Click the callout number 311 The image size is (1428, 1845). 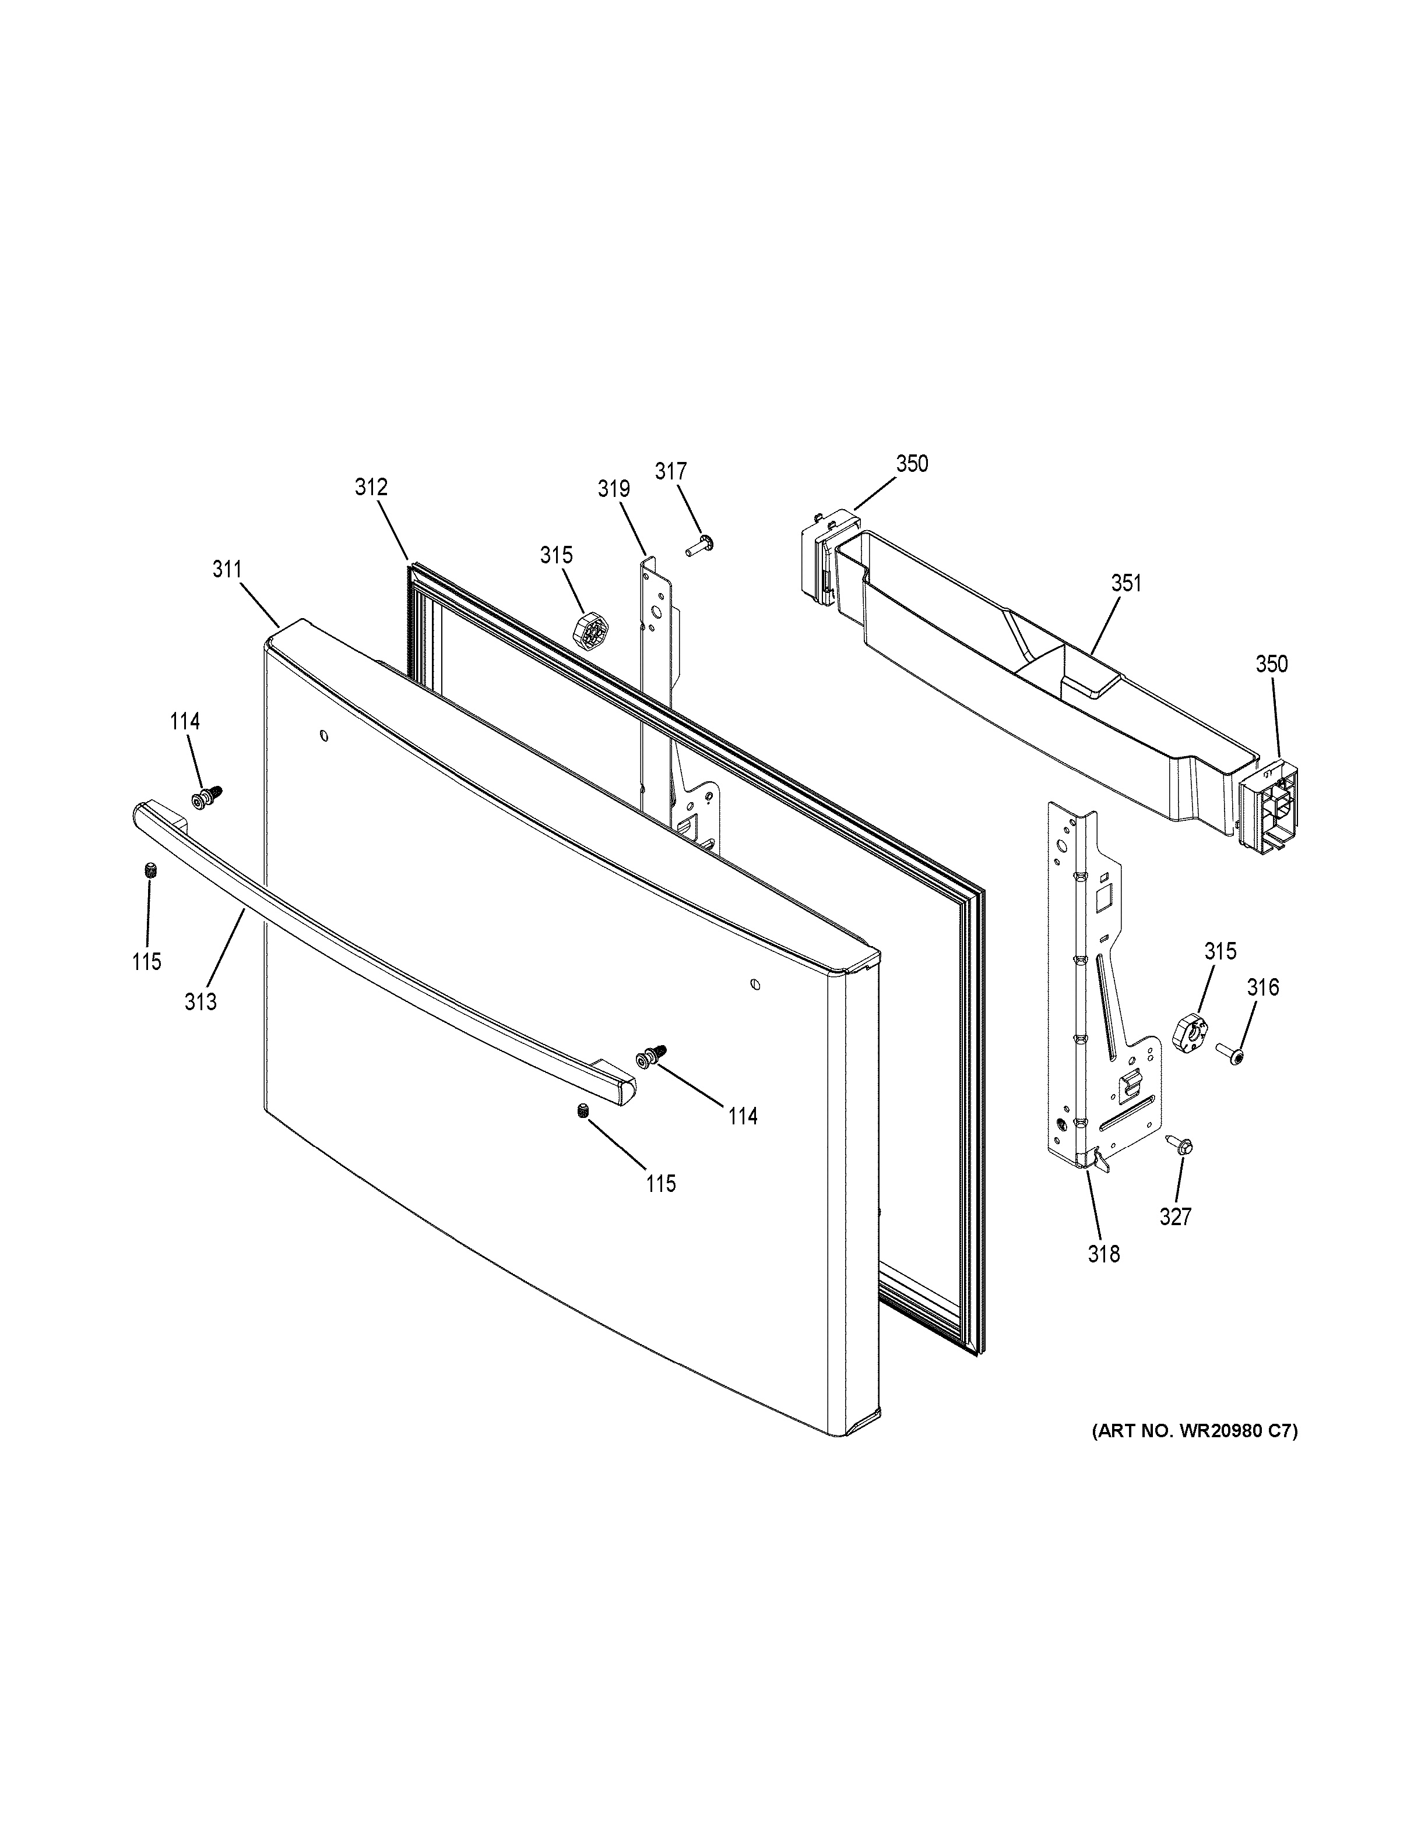[x=227, y=569]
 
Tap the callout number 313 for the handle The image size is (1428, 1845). [x=201, y=1002]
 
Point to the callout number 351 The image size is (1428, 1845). [x=1125, y=583]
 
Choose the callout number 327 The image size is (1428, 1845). [x=1176, y=1216]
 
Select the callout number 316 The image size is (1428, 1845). [x=1263, y=987]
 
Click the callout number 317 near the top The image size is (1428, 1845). [x=671, y=471]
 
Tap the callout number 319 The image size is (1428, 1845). [x=614, y=488]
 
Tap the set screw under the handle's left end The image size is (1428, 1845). [x=150, y=870]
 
